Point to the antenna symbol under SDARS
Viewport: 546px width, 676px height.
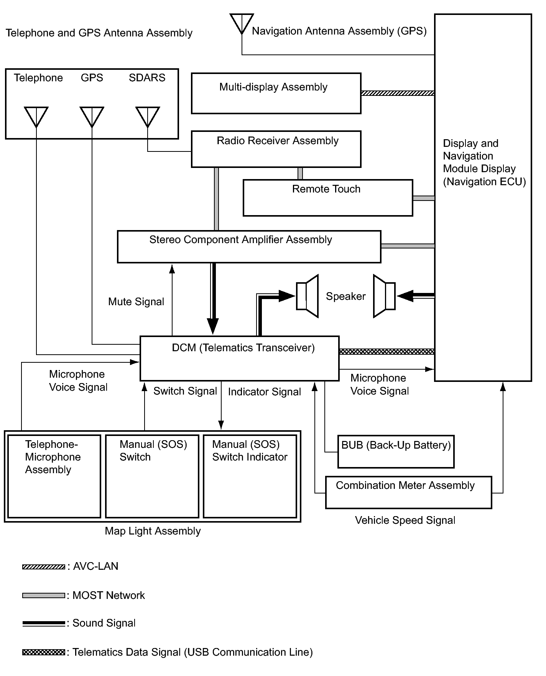point(148,117)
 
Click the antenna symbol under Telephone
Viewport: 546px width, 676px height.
point(36,117)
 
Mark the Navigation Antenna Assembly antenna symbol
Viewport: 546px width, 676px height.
point(242,24)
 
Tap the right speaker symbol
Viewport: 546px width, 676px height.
point(384,296)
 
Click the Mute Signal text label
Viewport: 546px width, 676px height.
point(136,302)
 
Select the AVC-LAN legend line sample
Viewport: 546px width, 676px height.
point(44,567)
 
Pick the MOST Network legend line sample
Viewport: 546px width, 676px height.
point(44,595)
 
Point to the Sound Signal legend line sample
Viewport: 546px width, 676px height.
point(44,623)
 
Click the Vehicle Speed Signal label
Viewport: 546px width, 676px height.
point(405,520)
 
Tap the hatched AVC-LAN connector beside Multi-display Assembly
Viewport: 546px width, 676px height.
point(398,93)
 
